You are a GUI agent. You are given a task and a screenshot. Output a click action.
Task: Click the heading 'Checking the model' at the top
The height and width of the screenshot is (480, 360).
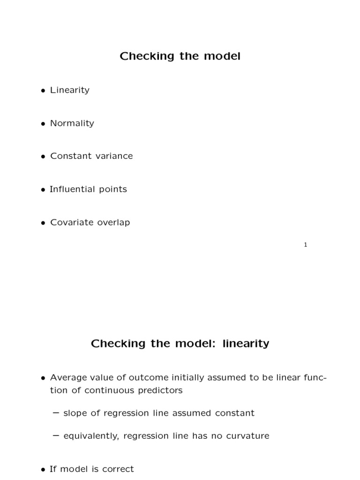(180, 56)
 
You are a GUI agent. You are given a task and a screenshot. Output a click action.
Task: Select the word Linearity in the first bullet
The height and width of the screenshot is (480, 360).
(70, 90)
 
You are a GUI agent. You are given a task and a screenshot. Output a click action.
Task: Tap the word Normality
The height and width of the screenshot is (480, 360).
(72, 123)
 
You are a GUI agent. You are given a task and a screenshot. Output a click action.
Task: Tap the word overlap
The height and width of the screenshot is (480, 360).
(113, 223)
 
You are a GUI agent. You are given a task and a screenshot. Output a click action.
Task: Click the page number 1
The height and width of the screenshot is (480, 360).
(306, 245)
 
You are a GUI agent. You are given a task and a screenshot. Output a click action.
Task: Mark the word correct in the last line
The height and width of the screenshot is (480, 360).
(119, 469)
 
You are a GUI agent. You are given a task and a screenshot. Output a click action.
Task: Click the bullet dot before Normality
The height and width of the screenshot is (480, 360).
(43, 124)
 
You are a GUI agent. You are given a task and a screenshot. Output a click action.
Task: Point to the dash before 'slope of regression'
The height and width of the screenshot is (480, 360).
(56, 413)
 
